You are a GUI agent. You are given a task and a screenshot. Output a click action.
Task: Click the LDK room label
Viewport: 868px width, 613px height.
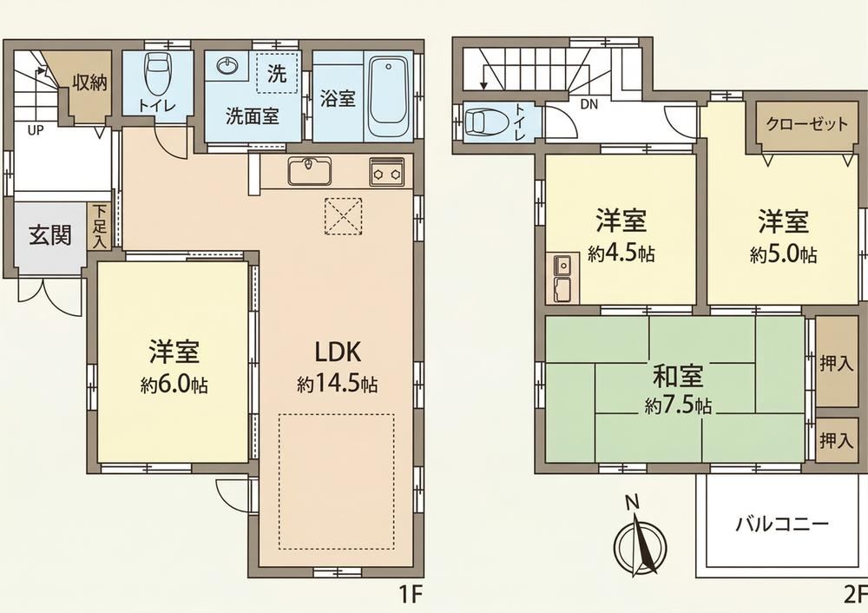[338, 352]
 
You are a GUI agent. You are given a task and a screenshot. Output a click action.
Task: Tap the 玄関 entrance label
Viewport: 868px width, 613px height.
[50, 235]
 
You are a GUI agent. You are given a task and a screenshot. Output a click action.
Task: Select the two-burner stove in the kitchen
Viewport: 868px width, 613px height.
[387, 173]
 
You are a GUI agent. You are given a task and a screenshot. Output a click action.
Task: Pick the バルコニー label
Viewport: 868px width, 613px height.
[782, 523]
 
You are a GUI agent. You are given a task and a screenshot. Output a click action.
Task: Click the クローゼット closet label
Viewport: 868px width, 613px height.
[806, 123]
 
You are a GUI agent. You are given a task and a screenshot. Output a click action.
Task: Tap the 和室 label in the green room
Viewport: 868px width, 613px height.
[678, 377]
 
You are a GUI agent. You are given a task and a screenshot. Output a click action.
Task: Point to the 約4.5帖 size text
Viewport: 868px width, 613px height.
[621, 254]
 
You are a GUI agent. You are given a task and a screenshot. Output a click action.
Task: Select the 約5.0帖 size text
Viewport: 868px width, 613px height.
[783, 254]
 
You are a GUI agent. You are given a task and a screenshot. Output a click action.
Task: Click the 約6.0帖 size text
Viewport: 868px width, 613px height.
[174, 385]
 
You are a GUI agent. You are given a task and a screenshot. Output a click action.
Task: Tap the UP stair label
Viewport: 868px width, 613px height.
[36, 131]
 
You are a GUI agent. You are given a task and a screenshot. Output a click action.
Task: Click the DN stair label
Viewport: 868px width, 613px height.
[589, 104]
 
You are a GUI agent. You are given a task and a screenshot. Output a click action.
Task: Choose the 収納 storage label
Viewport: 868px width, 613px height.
[90, 82]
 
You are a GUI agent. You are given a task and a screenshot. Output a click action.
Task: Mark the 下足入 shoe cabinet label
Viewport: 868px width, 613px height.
[100, 226]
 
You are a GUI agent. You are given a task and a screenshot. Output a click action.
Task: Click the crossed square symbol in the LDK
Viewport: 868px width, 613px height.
[343, 216]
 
